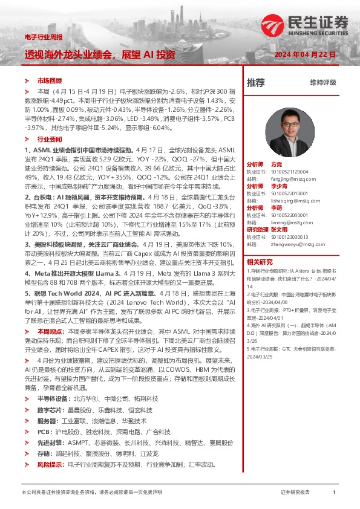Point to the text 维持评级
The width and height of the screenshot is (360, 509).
pos(322,82)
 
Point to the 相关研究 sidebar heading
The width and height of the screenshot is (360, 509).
pos(260,262)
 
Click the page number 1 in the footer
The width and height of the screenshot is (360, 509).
pos(334,493)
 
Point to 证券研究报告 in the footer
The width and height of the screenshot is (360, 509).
pos(295,493)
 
